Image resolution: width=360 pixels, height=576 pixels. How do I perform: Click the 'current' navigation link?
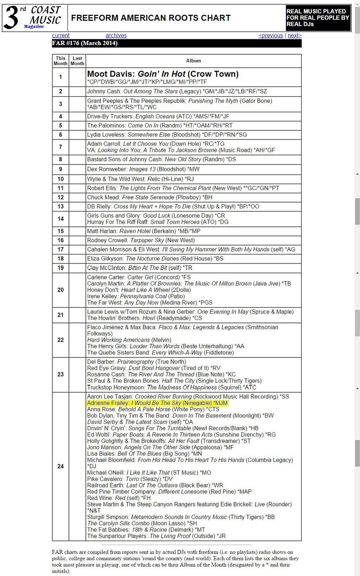pyautogui.click(x=60, y=35)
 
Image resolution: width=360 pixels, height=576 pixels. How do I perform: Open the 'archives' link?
pyautogui.click(x=116, y=35)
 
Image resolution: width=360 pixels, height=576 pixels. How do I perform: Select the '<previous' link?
pyautogui.click(x=271, y=35)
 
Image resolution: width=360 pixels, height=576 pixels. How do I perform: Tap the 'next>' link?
pyautogui.click(x=295, y=35)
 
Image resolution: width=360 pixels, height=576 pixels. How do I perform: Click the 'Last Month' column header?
pyautogui.click(x=77, y=61)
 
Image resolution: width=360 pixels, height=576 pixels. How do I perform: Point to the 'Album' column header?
pyautogui.click(x=193, y=61)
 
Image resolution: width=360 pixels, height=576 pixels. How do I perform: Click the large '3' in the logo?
pyautogui.click(x=11, y=18)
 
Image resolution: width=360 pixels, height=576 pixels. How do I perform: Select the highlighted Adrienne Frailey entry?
pyautogui.click(x=157, y=403)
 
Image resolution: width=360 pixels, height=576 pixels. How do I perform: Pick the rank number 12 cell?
pyautogui.click(x=60, y=197)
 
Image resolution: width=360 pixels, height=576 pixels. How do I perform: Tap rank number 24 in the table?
pyautogui.click(x=60, y=466)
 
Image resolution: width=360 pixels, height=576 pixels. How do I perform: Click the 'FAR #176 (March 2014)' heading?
pyautogui.click(x=85, y=43)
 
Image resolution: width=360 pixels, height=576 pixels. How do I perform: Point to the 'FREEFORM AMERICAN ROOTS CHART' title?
pyautogui.click(x=151, y=18)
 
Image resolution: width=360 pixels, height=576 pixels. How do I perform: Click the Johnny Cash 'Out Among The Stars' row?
pyautogui.click(x=177, y=91)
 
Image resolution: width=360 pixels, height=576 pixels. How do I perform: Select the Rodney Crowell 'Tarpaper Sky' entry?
pyautogui.click(x=141, y=240)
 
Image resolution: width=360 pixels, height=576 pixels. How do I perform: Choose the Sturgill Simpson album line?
pyautogui.click(x=181, y=517)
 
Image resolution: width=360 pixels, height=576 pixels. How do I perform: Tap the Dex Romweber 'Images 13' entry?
pyautogui.click(x=143, y=169)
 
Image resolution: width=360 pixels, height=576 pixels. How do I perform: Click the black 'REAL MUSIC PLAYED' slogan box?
pyautogui.click(x=318, y=18)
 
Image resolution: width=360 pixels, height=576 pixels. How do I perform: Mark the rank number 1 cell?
pyautogui.click(x=60, y=77)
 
